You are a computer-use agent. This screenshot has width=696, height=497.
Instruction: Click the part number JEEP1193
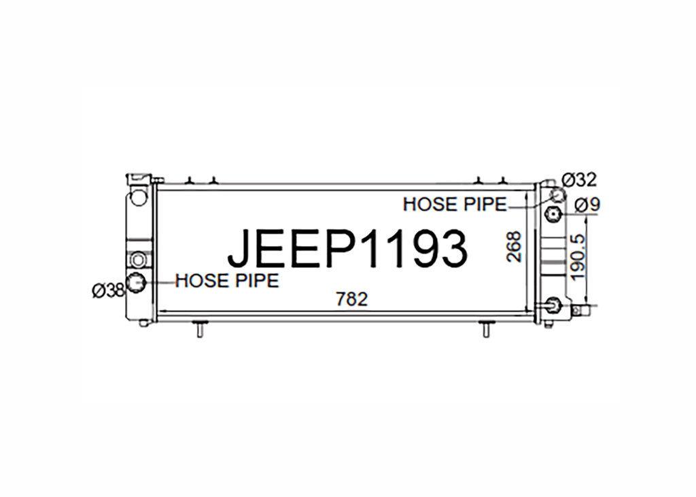coord(347,249)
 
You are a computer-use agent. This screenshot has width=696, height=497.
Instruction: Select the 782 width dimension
coord(352,299)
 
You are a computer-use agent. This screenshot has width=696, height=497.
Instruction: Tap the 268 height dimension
coord(514,246)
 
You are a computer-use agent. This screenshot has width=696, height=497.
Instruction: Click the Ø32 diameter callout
coord(579,180)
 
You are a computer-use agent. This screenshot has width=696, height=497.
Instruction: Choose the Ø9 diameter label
coord(587,205)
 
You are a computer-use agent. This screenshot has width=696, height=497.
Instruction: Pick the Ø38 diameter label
coord(108,291)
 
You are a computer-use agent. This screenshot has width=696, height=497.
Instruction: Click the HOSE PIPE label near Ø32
coord(455,205)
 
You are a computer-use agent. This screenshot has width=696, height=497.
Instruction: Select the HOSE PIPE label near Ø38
coord(227,281)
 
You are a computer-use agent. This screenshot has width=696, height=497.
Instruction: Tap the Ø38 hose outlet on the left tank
coord(135,282)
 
